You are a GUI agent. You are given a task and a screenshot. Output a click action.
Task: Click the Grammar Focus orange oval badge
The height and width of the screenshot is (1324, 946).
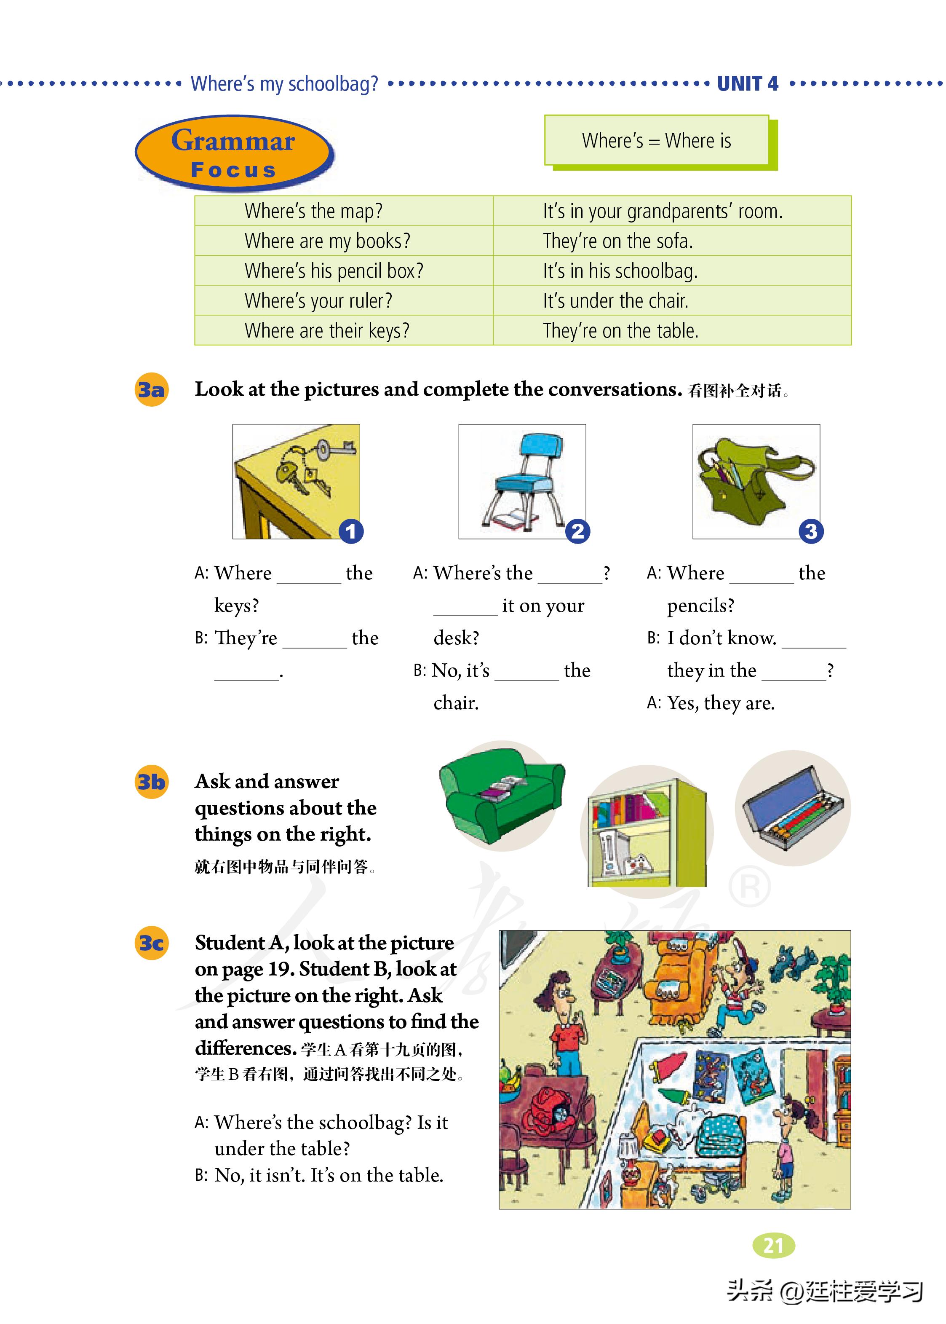(x=234, y=153)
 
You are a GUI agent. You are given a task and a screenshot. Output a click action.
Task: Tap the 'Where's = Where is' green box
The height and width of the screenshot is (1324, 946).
(x=657, y=140)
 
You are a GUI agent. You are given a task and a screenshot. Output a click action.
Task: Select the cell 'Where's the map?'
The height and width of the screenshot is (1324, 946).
(x=313, y=211)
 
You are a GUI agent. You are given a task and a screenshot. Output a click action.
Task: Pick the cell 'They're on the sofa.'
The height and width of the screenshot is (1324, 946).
(x=617, y=241)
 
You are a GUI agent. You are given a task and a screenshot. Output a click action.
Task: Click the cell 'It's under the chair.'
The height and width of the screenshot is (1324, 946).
(x=615, y=301)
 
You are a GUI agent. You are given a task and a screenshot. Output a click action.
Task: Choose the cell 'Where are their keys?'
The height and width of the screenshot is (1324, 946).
(x=327, y=330)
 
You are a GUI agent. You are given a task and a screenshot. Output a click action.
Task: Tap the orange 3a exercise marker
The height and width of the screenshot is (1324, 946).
(x=151, y=389)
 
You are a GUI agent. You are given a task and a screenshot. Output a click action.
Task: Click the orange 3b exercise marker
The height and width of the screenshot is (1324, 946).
(x=151, y=781)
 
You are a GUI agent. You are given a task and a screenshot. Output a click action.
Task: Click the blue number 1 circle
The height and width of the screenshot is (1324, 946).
(x=351, y=531)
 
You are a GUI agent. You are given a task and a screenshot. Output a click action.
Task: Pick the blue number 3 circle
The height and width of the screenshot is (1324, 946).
(x=811, y=531)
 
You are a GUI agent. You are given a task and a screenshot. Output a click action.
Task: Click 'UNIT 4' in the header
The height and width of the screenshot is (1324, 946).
(x=747, y=84)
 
